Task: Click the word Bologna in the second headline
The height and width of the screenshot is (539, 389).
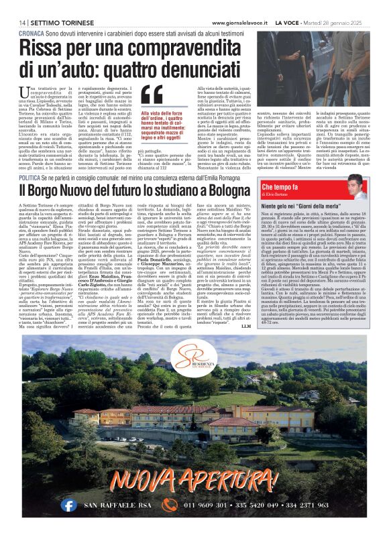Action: (223, 190)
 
